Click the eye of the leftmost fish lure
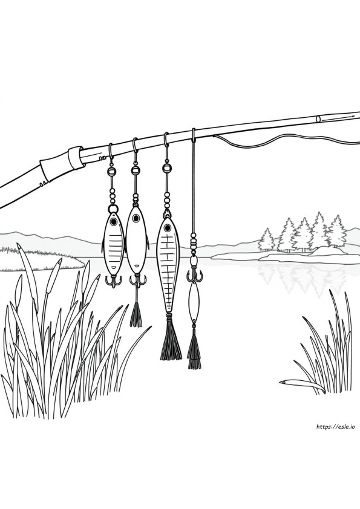click(x=113, y=222)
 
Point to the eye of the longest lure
click(x=168, y=227)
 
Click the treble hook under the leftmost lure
click(x=113, y=280)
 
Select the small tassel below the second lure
click(x=136, y=314)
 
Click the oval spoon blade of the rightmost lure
click(x=194, y=302)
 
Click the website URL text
click(x=335, y=427)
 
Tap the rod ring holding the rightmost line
click(x=194, y=135)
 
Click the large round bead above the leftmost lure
click(x=111, y=170)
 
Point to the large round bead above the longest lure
click(x=166, y=168)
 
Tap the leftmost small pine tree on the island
click(x=267, y=240)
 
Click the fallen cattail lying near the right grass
click(x=303, y=385)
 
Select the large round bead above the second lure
click(x=135, y=170)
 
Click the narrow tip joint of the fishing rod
click(x=338, y=117)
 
